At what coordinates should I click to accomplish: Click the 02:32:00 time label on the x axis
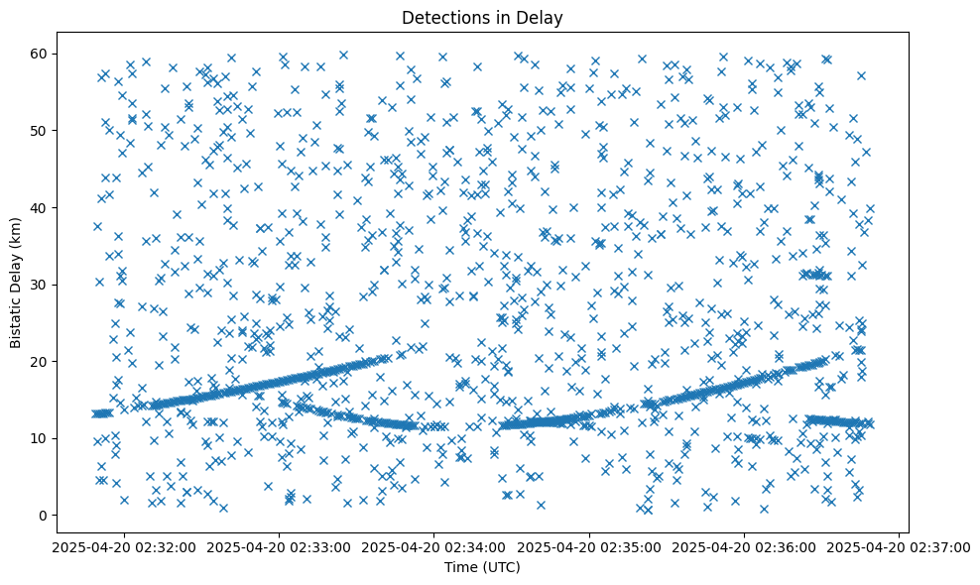pyautogui.click(x=125, y=546)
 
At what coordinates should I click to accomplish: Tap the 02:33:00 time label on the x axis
pyautogui.click(x=280, y=546)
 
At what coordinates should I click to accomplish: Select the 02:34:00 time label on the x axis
pyautogui.click(x=434, y=546)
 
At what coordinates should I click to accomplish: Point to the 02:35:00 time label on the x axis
pyautogui.click(x=589, y=546)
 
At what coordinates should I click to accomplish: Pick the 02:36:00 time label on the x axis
pyautogui.click(x=744, y=546)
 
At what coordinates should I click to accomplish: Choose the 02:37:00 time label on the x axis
pyautogui.click(x=899, y=546)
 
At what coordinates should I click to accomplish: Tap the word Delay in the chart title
pyautogui.click(x=539, y=18)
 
